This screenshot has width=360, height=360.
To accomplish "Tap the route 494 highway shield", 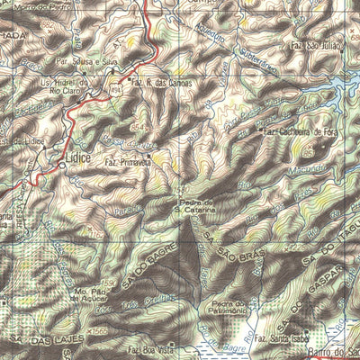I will (116, 86).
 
